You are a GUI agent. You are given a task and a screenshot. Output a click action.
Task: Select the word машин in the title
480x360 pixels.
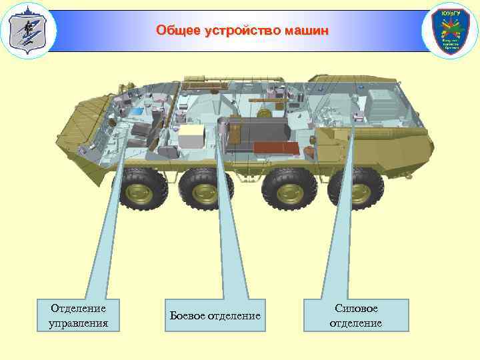click(306, 31)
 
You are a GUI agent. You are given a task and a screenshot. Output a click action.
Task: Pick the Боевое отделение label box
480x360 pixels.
click(215, 315)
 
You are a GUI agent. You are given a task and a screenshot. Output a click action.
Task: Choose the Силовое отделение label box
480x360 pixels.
click(356, 315)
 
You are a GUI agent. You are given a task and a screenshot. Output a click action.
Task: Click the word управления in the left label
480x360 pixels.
click(79, 324)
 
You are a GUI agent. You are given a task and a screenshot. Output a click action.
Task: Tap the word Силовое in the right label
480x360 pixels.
click(356, 309)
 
